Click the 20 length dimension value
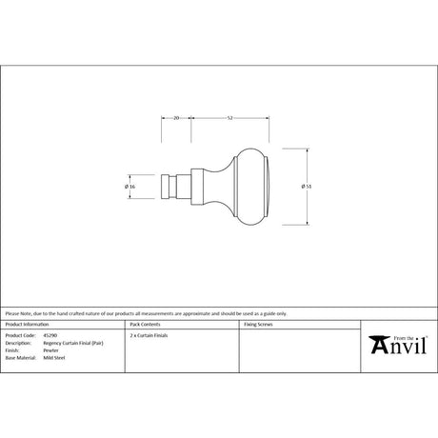[x=177, y=117]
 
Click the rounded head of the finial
[x=249, y=186]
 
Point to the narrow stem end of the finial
[x=171, y=186]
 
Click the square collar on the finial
[x=198, y=186]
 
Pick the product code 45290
[x=50, y=335]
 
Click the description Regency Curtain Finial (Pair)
[x=70, y=343]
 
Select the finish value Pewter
[x=50, y=350]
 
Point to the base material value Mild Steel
[x=53, y=358]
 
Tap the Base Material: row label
[x=20, y=358]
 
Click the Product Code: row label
[x=19, y=335]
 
